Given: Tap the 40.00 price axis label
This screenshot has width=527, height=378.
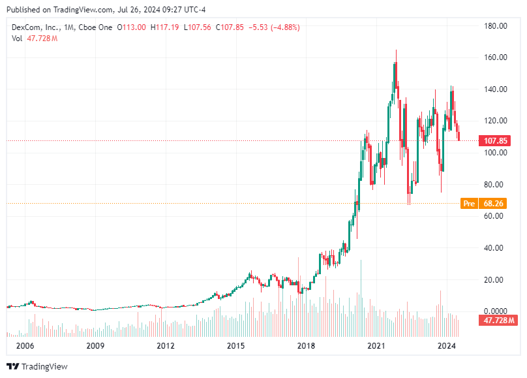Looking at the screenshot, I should [496, 248].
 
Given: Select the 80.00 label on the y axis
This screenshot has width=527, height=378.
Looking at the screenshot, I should [496, 185].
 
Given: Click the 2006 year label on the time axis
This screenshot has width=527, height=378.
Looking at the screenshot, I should [24, 345].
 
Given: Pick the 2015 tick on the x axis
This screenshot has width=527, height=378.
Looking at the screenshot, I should [235, 345].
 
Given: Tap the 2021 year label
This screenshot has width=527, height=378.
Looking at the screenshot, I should [376, 345].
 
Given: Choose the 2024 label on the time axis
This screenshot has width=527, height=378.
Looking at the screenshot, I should [446, 345].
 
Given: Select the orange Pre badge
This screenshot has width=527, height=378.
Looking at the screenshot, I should [468, 204].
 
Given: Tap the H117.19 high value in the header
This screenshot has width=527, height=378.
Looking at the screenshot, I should [166, 27].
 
